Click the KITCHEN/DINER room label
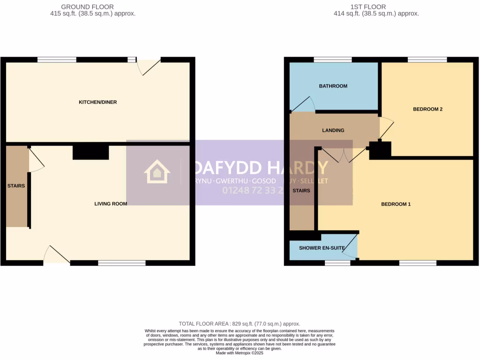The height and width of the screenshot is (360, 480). tap(97, 102)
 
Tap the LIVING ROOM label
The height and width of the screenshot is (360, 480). tap(111, 204)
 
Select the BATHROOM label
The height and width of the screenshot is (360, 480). tap(333, 86)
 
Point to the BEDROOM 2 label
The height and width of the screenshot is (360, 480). tap(427, 109)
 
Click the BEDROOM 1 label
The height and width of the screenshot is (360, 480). tap(396, 204)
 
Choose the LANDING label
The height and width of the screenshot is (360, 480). tap(333, 130)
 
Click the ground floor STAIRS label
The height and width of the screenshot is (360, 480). tap(16, 186)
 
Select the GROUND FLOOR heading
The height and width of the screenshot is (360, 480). tap(81, 7)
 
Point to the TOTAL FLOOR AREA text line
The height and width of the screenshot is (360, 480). tap(239, 324)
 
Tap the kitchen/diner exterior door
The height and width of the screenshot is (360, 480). tap(150, 67)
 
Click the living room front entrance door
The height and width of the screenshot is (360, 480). tap(57, 255)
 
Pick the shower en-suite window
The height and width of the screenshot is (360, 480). tap(337, 263)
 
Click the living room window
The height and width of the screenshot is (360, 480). tap(121, 263)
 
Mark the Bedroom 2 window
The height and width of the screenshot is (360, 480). tap(427, 60)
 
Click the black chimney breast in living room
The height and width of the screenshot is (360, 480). tap(90, 152)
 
